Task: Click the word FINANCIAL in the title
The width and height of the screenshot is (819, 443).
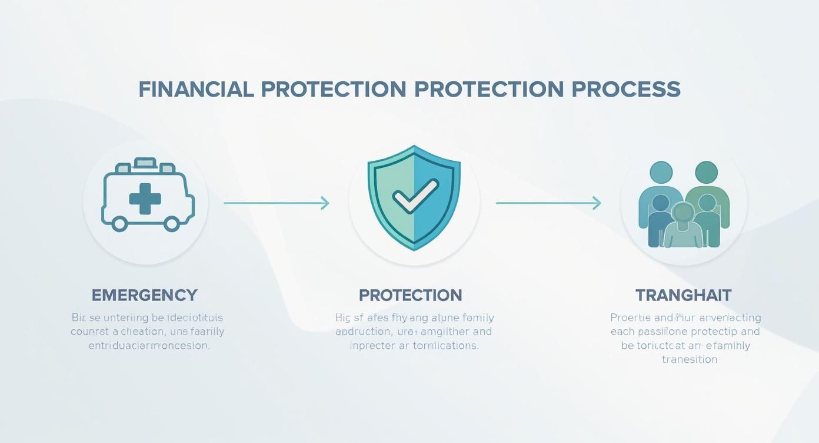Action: (196, 90)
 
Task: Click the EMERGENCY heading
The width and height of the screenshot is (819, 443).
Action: (145, 295)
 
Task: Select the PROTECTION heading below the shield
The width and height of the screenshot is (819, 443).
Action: (410, 295)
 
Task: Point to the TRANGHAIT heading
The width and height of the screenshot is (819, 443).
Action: (683, 295)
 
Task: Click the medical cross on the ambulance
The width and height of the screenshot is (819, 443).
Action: (145, 199)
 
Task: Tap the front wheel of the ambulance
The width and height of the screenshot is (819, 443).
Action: (171, 223)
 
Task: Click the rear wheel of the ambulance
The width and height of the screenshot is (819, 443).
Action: (119, 223)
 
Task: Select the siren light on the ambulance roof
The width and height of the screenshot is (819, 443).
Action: (145, 163)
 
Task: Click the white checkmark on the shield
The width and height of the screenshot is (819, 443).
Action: (415, 196)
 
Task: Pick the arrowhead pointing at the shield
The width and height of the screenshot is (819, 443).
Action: (324, 203)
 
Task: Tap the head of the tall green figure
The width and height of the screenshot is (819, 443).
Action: (706, 173)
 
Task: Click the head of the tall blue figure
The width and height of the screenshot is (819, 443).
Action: (661, 173)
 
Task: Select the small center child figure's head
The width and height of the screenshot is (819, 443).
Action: (682, 211)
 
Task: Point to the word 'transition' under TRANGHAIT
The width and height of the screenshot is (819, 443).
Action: (689, 359)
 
